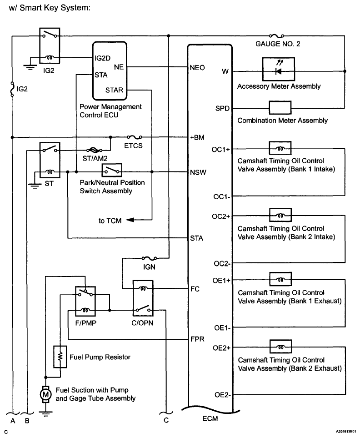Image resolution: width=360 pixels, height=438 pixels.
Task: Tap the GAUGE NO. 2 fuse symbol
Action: point(277,35)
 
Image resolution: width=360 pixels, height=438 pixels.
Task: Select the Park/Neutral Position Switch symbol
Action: point(111,171)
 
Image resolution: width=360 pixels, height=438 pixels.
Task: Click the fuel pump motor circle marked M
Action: point(45,394)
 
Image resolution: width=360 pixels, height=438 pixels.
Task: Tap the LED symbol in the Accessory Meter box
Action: point(278,70)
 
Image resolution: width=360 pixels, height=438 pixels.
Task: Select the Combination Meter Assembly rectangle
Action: point(280,108)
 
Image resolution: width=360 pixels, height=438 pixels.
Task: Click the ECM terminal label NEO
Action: point(196,68)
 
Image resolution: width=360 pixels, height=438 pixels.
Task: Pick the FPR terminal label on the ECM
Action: point(197,339)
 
